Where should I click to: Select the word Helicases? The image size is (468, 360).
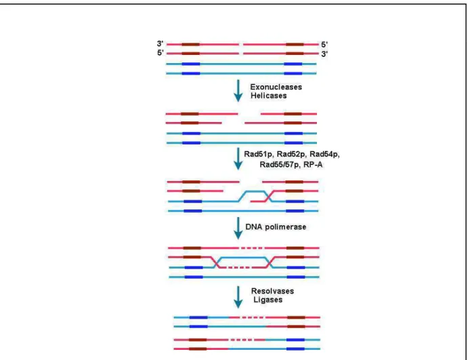click(269, 96)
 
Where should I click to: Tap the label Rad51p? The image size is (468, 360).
click(259, 155)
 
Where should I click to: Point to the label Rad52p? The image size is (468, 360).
click(291, 155)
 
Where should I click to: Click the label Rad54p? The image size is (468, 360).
click(324, 155)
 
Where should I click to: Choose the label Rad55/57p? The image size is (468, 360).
click(280, 165)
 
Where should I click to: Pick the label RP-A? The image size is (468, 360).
click(313, 165)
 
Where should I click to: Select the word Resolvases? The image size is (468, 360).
click(272, 291)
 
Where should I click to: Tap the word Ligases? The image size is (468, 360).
click(268, 300)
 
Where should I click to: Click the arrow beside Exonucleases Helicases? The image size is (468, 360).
click(238, 91)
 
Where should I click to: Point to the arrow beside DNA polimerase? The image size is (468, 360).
click(238, 228)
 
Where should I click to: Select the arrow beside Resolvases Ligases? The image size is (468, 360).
click(238, 297)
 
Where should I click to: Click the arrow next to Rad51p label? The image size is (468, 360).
click(238, 159)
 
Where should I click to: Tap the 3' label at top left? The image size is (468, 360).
click(161, 43)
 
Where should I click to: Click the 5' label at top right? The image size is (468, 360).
click(324, 45)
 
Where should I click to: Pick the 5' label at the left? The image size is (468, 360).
click(161, 53)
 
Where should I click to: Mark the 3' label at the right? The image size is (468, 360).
click(324, 54)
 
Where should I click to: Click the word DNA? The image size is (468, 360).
click(254, 227)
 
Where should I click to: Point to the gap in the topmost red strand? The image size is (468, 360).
click(241, 45)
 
